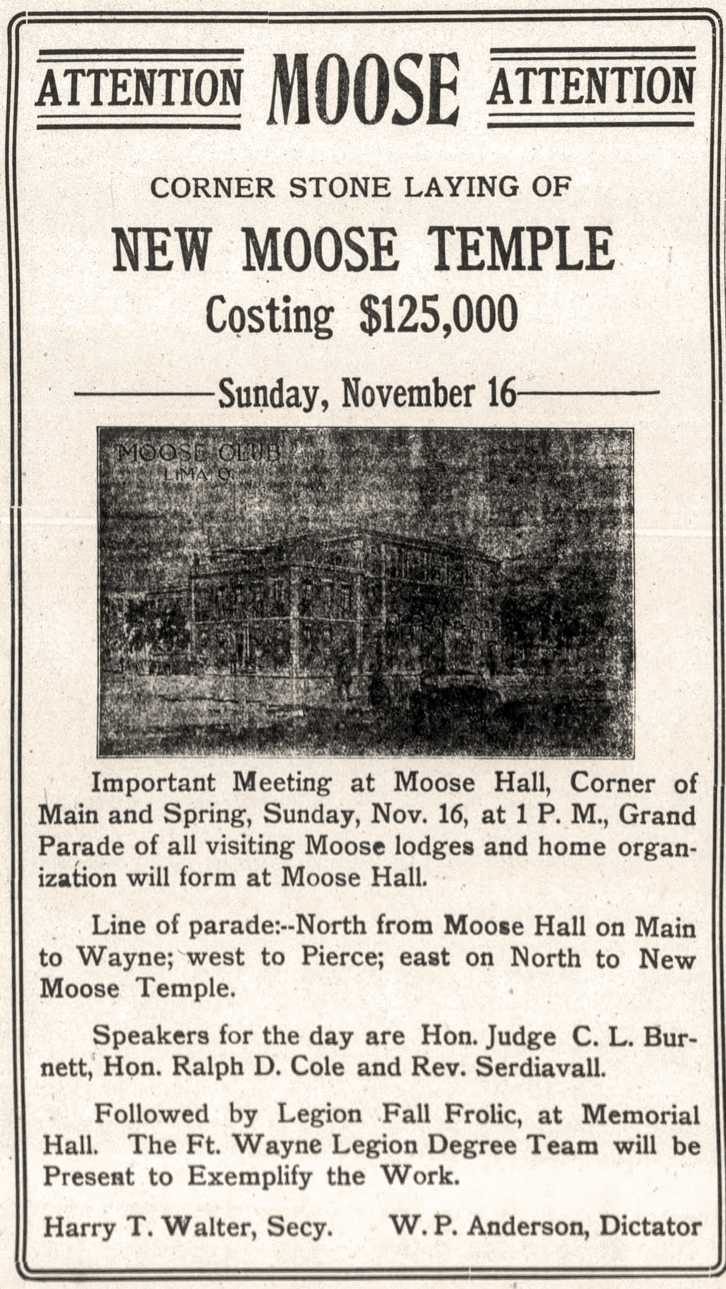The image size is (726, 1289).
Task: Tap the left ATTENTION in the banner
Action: coord(138,88)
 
